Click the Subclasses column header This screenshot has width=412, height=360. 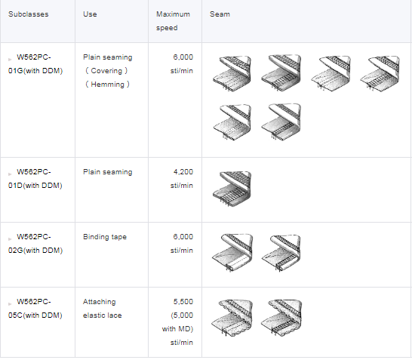tap(29, 14)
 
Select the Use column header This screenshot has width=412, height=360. tap(90, 14)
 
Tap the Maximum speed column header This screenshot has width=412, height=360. tap(173, 21)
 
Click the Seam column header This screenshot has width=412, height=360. tap(220, 14)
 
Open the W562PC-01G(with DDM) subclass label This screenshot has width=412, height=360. tap(35, 64)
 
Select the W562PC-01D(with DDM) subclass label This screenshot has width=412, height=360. tap(35, 179)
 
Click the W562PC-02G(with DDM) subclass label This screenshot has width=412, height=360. tap(35, 244)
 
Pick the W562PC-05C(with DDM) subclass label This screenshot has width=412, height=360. tap(35, 309)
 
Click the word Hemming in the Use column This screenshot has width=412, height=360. tap(107, 85)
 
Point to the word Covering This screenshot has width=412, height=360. tap(106, 71)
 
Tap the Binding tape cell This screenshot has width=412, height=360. tap(105, 237)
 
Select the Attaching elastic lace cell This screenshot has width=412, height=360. tap(103, 309)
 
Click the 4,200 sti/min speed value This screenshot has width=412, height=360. tap(182, 179)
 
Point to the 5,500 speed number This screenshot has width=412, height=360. tap(183, 302)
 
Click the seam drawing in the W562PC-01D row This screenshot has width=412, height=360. tap(232, 189)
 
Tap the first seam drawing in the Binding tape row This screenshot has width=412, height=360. tap(232, 253)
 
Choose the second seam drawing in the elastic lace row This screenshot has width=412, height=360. tap(281, 318)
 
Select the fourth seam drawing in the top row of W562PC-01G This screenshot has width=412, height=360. tap(380, 73)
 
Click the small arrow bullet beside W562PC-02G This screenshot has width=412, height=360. tap(10, 239)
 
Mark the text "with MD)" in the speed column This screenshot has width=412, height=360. tap(177, 329)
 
